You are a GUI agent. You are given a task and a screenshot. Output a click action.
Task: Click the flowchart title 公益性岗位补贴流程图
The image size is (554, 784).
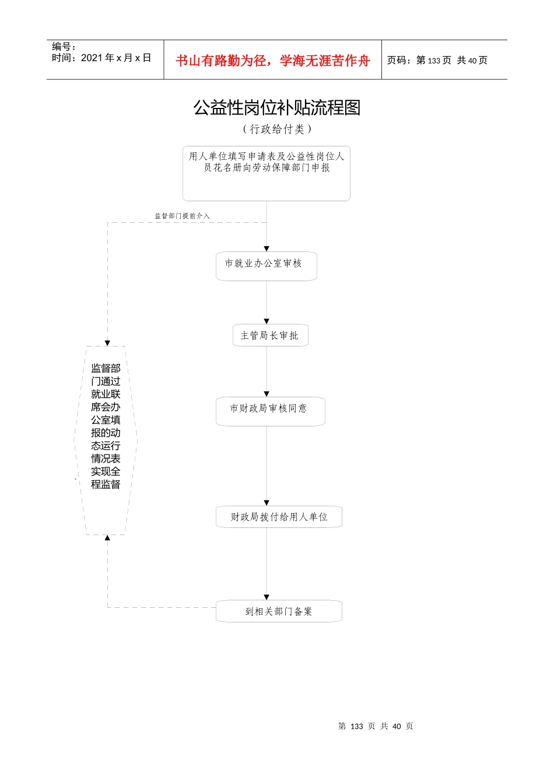point(277,108)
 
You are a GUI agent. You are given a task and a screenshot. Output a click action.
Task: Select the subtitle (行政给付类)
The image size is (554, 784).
point(277,129)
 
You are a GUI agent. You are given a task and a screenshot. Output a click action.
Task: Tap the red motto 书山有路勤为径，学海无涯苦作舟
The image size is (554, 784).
point(273,61)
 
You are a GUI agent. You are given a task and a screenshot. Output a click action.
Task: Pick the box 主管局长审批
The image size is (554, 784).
point(270,335)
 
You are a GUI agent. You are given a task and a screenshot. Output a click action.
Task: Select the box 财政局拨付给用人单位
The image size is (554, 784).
point(279,517)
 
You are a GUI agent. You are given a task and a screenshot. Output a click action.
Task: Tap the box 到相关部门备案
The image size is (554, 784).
point(279,611)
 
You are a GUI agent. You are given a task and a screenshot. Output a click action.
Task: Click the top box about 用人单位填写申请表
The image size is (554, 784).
point(267,173)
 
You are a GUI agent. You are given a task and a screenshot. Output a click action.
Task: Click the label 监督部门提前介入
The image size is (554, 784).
point(182,216)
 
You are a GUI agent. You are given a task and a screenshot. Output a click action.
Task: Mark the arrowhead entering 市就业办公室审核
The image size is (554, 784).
point(267,249)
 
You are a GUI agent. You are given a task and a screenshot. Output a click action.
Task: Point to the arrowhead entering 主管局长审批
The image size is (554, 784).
point(267,321)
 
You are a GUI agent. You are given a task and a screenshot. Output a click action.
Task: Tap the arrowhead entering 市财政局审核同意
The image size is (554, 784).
point(267,394)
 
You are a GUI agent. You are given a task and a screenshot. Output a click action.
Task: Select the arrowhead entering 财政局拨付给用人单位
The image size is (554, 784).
point(267,503)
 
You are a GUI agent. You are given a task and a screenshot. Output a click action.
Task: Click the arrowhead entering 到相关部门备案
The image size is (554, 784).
point(267,597)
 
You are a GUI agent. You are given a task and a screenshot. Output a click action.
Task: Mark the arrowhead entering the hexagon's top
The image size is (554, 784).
point(107,343)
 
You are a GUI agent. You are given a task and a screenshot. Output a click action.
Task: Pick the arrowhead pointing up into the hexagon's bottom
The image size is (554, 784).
point(107,538)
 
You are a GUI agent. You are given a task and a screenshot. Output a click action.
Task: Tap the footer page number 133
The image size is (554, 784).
point(357,726)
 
